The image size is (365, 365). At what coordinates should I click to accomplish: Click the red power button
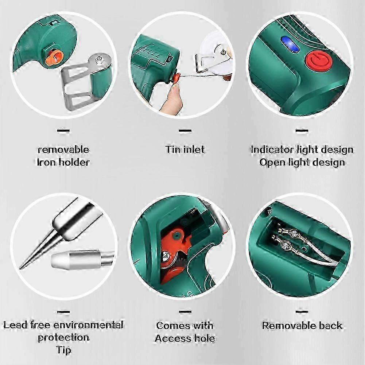(x=315, y=61)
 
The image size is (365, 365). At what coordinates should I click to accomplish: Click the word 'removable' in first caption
(x=63, y=150)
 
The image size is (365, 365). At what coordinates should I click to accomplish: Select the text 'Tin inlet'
(x=185, y=150)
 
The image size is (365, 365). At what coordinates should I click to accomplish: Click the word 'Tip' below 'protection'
(x=63, y=350)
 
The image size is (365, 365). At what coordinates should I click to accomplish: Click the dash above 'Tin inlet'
(x=185, y=130)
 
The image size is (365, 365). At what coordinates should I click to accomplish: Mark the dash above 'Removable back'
(x=302, y=312)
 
